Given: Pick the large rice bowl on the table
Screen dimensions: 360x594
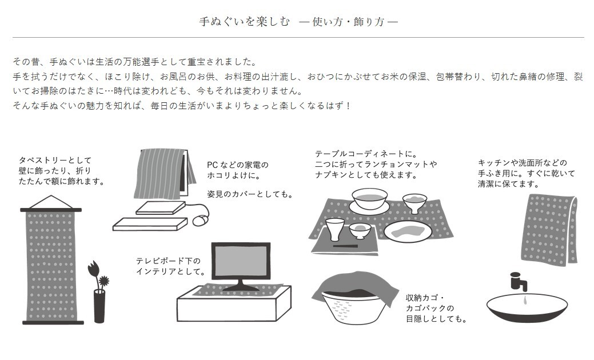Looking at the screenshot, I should coord(369,199).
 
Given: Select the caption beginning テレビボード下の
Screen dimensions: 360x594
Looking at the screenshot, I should coord(170,266).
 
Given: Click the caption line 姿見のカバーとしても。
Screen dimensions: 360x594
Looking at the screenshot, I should coord(250,194).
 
